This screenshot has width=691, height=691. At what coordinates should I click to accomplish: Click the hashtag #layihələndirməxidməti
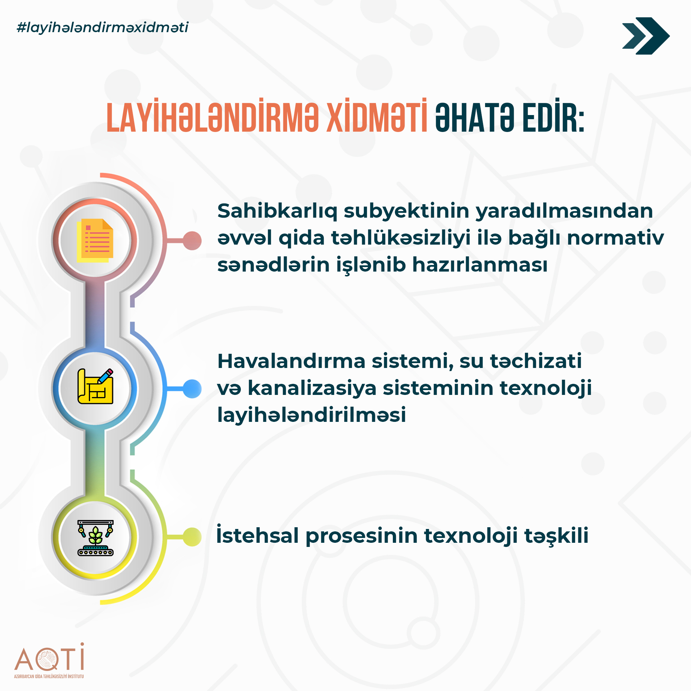(103, 28)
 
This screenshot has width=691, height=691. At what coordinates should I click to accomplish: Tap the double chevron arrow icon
(646, 36)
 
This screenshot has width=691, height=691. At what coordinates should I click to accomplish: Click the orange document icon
(95, 240)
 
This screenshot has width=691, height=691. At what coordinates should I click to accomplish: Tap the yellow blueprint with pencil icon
(95, 386)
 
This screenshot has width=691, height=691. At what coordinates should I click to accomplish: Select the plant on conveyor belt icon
(95, 538)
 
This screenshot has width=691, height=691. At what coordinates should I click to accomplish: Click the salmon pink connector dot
(192, 240)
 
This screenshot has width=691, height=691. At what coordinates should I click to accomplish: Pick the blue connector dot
(192, 388)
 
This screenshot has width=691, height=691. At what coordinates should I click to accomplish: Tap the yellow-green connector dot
(192, 537)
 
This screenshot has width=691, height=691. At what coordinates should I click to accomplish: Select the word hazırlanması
(480, 265)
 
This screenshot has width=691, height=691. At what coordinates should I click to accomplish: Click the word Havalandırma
(291, 361)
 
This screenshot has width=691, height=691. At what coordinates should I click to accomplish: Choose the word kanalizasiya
(312, 388)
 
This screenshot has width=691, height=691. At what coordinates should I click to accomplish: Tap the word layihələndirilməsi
(312, 415)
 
